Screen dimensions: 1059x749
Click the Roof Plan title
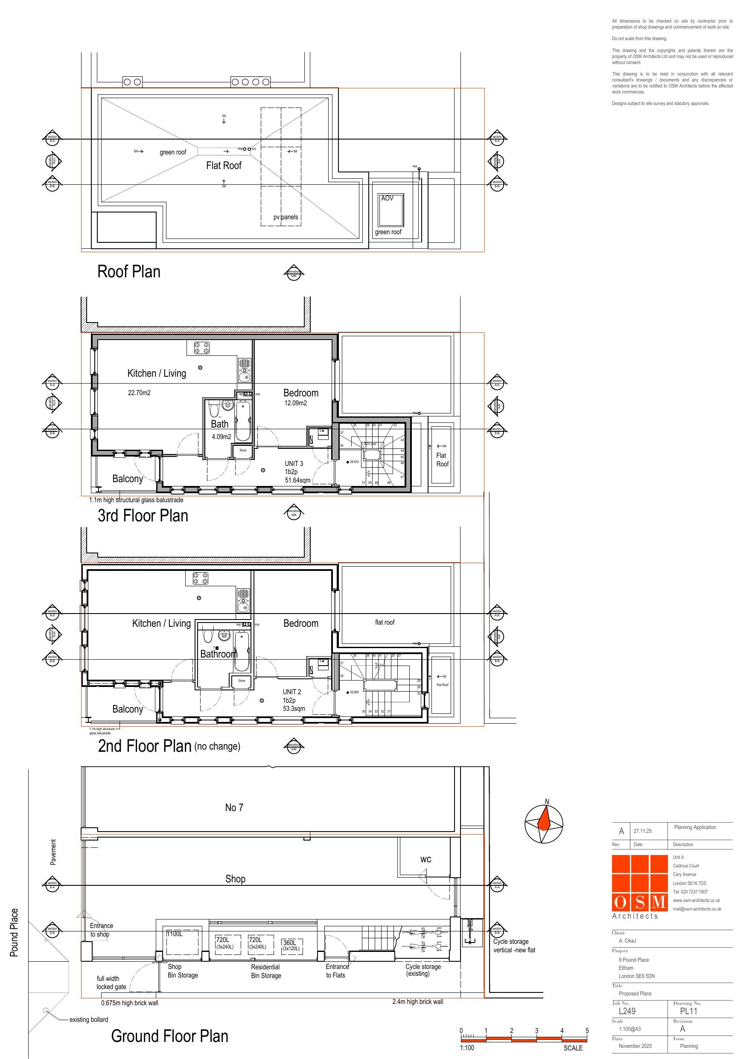point(129,272)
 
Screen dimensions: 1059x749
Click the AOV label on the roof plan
point(387,198)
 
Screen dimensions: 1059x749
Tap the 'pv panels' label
point(286,217)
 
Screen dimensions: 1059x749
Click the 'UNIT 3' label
point(294,463)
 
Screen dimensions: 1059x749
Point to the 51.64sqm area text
point(297,480)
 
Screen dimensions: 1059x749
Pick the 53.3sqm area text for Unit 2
point(294,708)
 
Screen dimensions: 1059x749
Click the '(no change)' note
point(217,746)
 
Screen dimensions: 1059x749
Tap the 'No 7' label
point(234,808)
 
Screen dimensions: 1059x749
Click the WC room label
point(426,859)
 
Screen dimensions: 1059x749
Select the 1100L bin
point(175,934)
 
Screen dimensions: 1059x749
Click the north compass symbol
point(544,824)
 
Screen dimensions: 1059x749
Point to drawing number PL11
point(688,1011)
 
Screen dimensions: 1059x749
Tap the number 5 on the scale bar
point(587,1030)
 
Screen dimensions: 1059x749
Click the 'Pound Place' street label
point(15,932)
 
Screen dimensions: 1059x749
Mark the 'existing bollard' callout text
point(89,1019)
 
